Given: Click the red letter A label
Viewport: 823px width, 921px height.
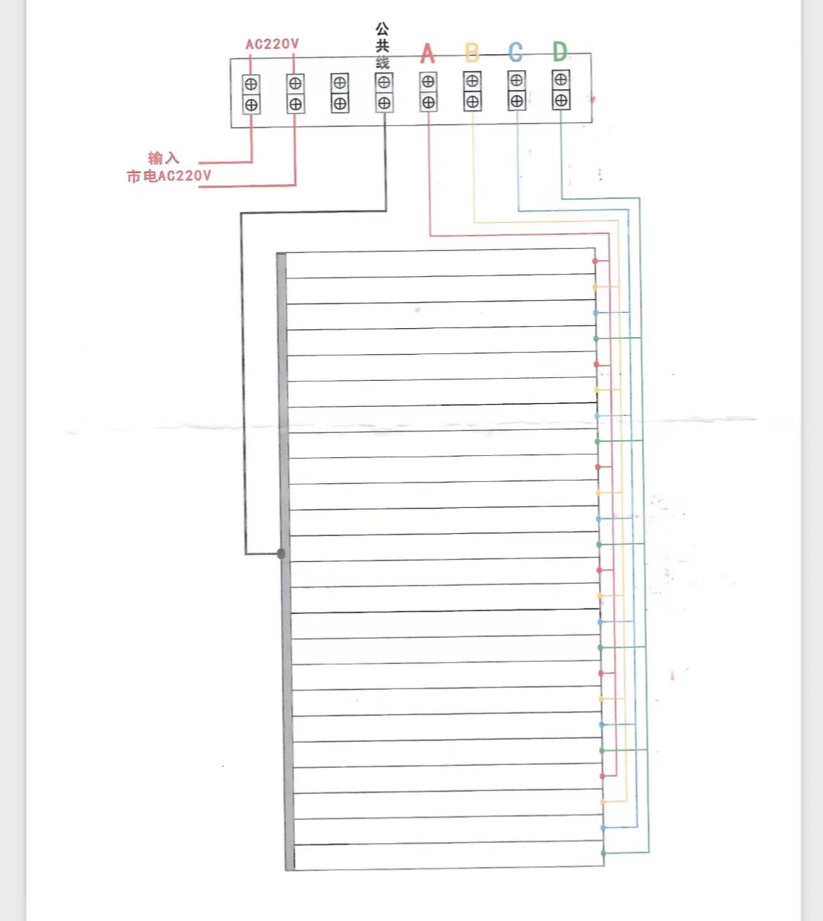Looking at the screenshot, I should [x=428, y=53].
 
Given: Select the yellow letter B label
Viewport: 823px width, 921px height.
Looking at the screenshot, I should [x=472, y=53].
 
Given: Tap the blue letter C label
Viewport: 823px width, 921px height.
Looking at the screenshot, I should [x=515, y=52].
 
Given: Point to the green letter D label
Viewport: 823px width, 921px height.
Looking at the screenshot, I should [x=560, y=51].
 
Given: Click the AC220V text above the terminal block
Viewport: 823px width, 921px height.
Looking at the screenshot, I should [x=272, y=44].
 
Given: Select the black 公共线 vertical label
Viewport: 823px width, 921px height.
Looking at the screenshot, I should [x=382, y=46].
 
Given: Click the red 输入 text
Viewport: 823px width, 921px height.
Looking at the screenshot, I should [x=164, y=158].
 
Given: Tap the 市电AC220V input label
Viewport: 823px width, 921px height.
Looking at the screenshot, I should [x=169, y=176].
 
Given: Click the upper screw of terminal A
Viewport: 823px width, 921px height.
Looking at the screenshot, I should [x=428, y=81].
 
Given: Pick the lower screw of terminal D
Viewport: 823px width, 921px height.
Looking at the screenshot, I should [x=560, y=100].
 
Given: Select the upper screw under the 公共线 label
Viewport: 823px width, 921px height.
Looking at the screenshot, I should [x=383, y=82].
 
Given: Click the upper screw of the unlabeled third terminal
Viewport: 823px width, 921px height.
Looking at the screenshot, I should [x=339, y=83].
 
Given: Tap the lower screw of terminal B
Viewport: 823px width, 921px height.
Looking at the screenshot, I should [x=473, y=102].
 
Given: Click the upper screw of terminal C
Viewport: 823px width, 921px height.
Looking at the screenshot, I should [x=516, y=80].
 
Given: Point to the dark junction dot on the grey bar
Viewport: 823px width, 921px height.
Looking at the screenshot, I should [x=282, y=554].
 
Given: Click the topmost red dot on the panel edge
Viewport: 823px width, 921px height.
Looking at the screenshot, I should [x=595, y=261].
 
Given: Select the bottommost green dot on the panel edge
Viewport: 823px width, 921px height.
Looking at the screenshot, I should [x=603, y=853].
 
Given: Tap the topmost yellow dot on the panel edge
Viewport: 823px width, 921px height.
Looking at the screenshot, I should [x=595, y=287].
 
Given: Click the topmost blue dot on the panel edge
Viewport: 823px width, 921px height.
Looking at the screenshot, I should [x=595, y=313].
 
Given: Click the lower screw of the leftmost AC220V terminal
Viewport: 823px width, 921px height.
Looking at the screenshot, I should [x=251, y=105].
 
